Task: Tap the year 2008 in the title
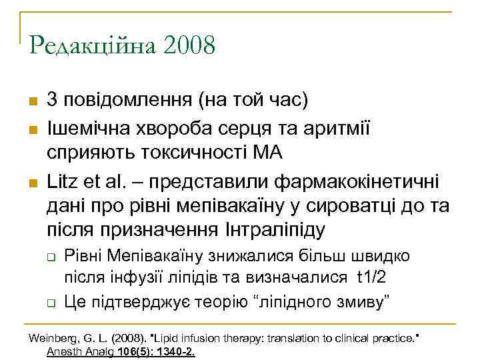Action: (189, 46)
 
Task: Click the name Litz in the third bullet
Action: (61, 179)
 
